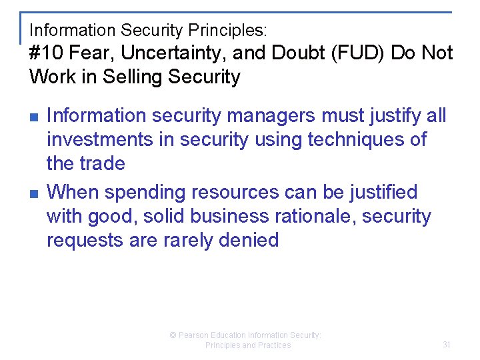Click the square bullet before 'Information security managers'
point(33,117)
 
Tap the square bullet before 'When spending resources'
point(33,193)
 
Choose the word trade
point(103,163)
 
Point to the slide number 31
point(447,345)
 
